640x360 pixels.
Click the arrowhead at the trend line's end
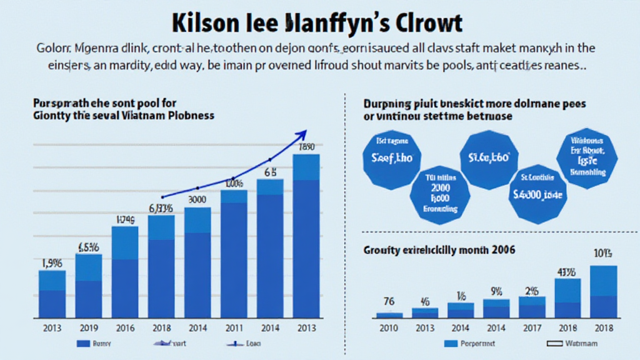click(304, 132)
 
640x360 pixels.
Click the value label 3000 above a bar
click(197, 200)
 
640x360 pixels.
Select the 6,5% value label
click(89, 247)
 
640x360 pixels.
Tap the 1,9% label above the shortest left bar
click(51, 263)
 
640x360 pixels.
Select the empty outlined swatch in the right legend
click(555, 344)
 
